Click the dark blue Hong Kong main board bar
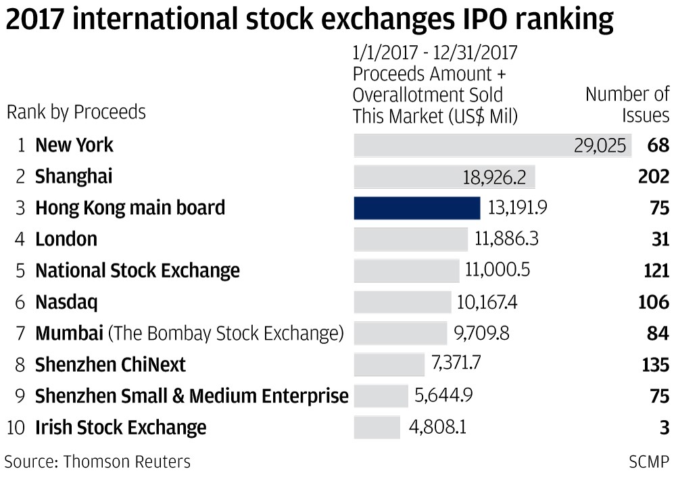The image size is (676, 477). pyautogui.click(x=416, y=207)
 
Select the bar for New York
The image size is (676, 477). pyautogui.click(x=492, y=145)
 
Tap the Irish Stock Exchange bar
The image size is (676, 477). pyautogui.click(x=377, y=427)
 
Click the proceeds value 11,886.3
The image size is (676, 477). pyautogui.click(x=506, y=238)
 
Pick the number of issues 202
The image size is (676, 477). pyautogui.click(x=653, y=176)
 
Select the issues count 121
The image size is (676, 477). pyautogui.click(x=656, y=270)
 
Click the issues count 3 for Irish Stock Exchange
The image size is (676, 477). pyautogui.click(x=665, y=427)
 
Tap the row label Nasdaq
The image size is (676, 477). pyautogui.click(x=66, y=302)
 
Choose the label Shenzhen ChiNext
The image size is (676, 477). pyautogui.click(x=110, y=365)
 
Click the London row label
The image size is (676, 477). pyautogui.click(x=66, y=239)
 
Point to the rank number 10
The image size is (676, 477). pyautogui.click(x=16, y=428)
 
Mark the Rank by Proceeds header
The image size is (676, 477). pyautogui.click(x=76, y=111)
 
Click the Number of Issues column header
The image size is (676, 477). pyautogui.click(x=627, y=105)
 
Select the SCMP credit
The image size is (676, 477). pyautogui.click(x=649, y=461)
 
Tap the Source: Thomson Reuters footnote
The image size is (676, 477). pyautogui.click(x=97, y=461)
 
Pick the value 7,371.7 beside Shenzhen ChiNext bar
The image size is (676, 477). pyautogui.click(x=456, y=364)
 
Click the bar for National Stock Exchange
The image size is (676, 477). pyautogui.click(x=406, y=270)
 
